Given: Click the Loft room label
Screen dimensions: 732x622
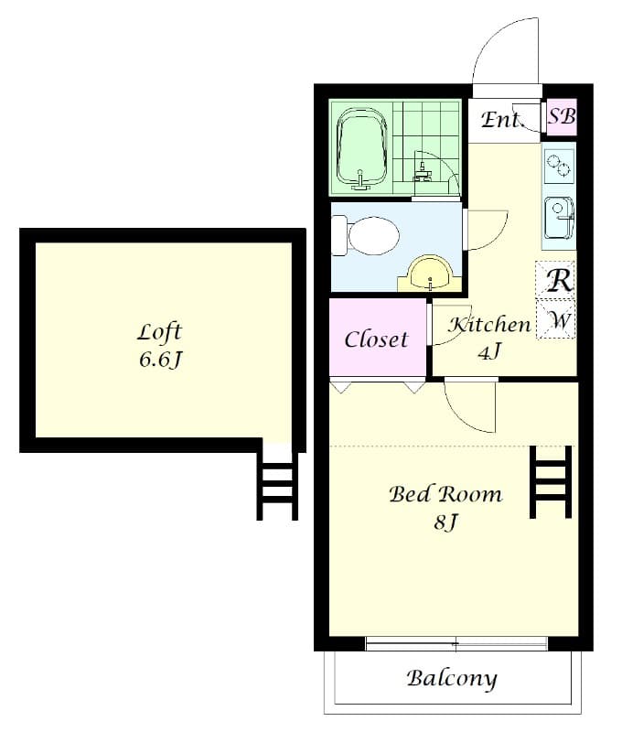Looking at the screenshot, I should (x=160, y=331).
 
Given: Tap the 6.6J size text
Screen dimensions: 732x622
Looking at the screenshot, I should (x=161, y=359).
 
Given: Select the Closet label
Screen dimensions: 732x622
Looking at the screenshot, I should (x=376, y=339).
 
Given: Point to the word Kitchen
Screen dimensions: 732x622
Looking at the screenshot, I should (x=489, y=324).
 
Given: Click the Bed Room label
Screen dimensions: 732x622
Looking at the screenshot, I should (x=445, y=495).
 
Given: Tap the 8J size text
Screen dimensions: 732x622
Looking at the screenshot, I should (x=445, y=523).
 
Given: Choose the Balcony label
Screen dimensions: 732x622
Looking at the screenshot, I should (x=452, y=679).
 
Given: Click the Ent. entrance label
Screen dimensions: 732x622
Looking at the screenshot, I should (x=501, y=119).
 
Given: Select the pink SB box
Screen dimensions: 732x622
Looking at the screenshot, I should (x=562, y=116).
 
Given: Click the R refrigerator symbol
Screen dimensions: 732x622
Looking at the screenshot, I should (x=558, y=280).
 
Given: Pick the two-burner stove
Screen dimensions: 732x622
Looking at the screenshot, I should (x=559, y=166).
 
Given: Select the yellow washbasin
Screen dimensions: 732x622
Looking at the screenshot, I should (x=430, y=273).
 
